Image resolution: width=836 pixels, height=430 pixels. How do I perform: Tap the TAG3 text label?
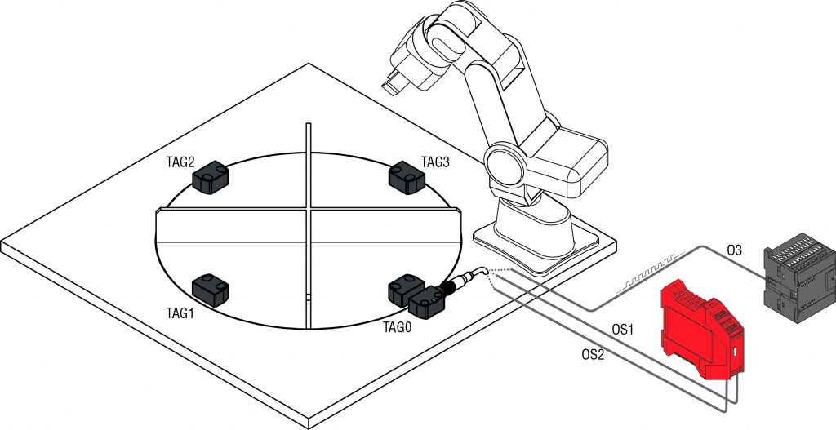point(435,162)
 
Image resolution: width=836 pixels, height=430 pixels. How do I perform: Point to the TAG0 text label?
point(397,326)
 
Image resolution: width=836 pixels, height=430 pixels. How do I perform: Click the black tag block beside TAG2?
point(211,177)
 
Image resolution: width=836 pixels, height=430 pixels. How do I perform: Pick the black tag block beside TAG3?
point(407,177)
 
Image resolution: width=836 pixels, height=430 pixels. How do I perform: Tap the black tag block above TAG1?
point(211,289)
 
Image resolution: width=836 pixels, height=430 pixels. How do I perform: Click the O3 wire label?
point(734,251)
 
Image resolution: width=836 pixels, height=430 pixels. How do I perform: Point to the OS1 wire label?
point(624,330)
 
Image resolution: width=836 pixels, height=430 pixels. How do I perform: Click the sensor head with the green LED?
point(428,304)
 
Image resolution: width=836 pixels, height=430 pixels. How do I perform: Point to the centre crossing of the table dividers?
point(309,212)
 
